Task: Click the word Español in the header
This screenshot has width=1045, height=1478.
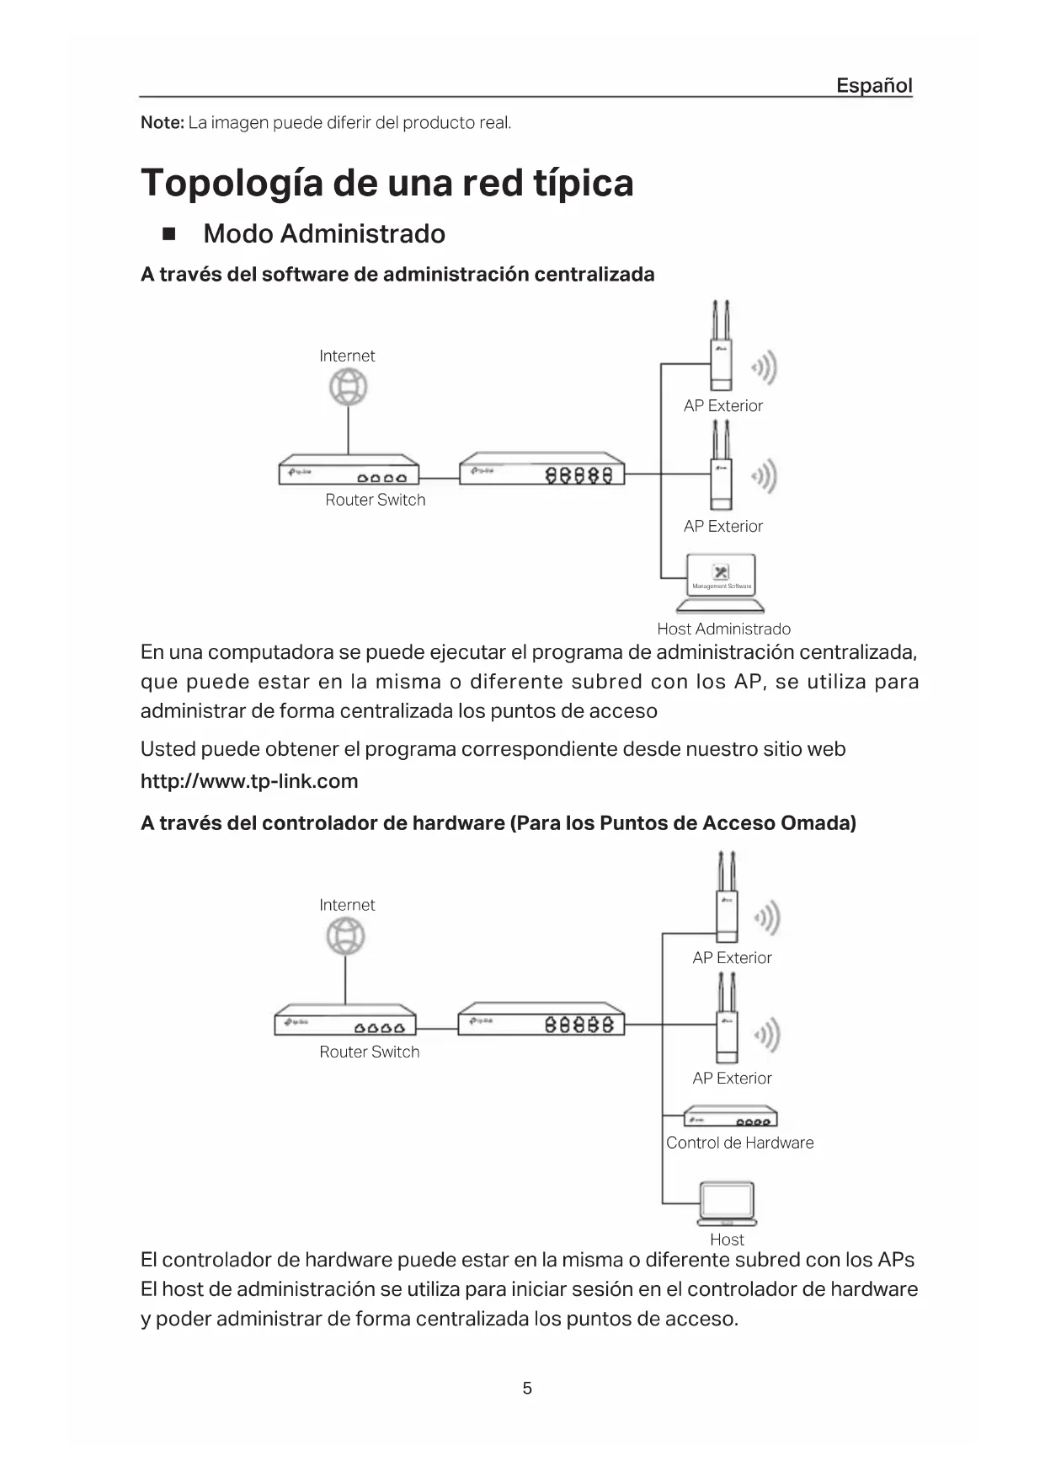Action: pyautogui.click(x=873, y=85)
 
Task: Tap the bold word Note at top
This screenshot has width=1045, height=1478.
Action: pyautogui.click(x=162, y=123)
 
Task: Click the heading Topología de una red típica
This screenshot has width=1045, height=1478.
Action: pyautogui.click(x=387, y=183)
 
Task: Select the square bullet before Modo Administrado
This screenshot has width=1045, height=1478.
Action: pyautogui.click(x=168, y=233)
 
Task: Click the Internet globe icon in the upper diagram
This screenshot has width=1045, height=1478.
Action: pyautogui.click(x=348, y=388)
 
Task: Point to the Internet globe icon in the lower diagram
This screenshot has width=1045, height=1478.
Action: pyautogui.click(x=346, y=936)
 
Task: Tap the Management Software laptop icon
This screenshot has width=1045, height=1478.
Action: pyautogui.click(x=721, y=582)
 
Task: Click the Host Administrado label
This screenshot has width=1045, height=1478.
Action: pyautogui.click(x=723, y=629)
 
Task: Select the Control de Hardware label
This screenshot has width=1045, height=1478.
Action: pyautogui.click(x=739, y=1143)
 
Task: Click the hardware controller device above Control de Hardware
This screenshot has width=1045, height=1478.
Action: pyautogui.click(x=730, y=1117)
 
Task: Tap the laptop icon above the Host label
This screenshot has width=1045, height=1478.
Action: pyautogui.click(x=727, y=1204)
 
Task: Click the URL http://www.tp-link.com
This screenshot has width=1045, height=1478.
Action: pyautogui.click(x=249, y=781)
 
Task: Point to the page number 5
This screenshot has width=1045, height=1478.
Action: pyautogui.click(x=527, y=1388)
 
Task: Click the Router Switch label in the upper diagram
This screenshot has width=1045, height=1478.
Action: pyautogui.click(x=375, y=500)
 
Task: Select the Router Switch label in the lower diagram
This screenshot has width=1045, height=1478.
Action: pyautogui.click(x=369, y=1052)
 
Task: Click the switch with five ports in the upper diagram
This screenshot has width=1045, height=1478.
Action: pyautogui.click(x=542, y=469)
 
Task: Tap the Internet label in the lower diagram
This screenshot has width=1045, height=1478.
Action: pyautogui.click(x=347, y=905)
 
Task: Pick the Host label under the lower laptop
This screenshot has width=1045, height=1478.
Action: pyautogui.click(x=727, y=1240)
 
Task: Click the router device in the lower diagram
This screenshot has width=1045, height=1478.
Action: pyautogui.click(x=345, y=1020)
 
